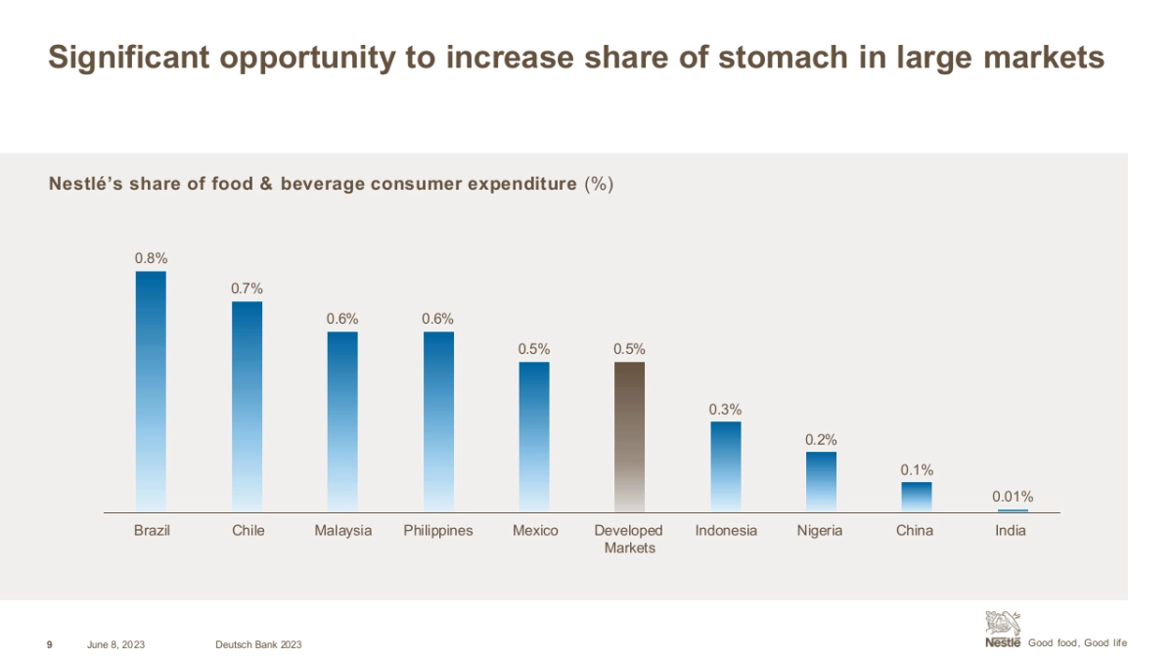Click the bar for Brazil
tap(151, 391)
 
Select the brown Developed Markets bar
tap(629, 436)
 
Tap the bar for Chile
tap(247, 406)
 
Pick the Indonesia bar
tap(726, 465)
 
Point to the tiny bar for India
tap(1013, 510)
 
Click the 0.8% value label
tap(151, 258)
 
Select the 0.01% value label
tap(1013, 497)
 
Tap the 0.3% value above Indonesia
tap(726, 409)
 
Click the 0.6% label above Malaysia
tap(342, 319)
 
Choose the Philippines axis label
tap(438, 531)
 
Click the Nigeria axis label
tap(821, 531)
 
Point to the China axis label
tap(915, 531)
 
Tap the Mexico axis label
tap(535, 531)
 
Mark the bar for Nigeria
tap(821, 481)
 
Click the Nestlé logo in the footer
tap(1003, 629)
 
